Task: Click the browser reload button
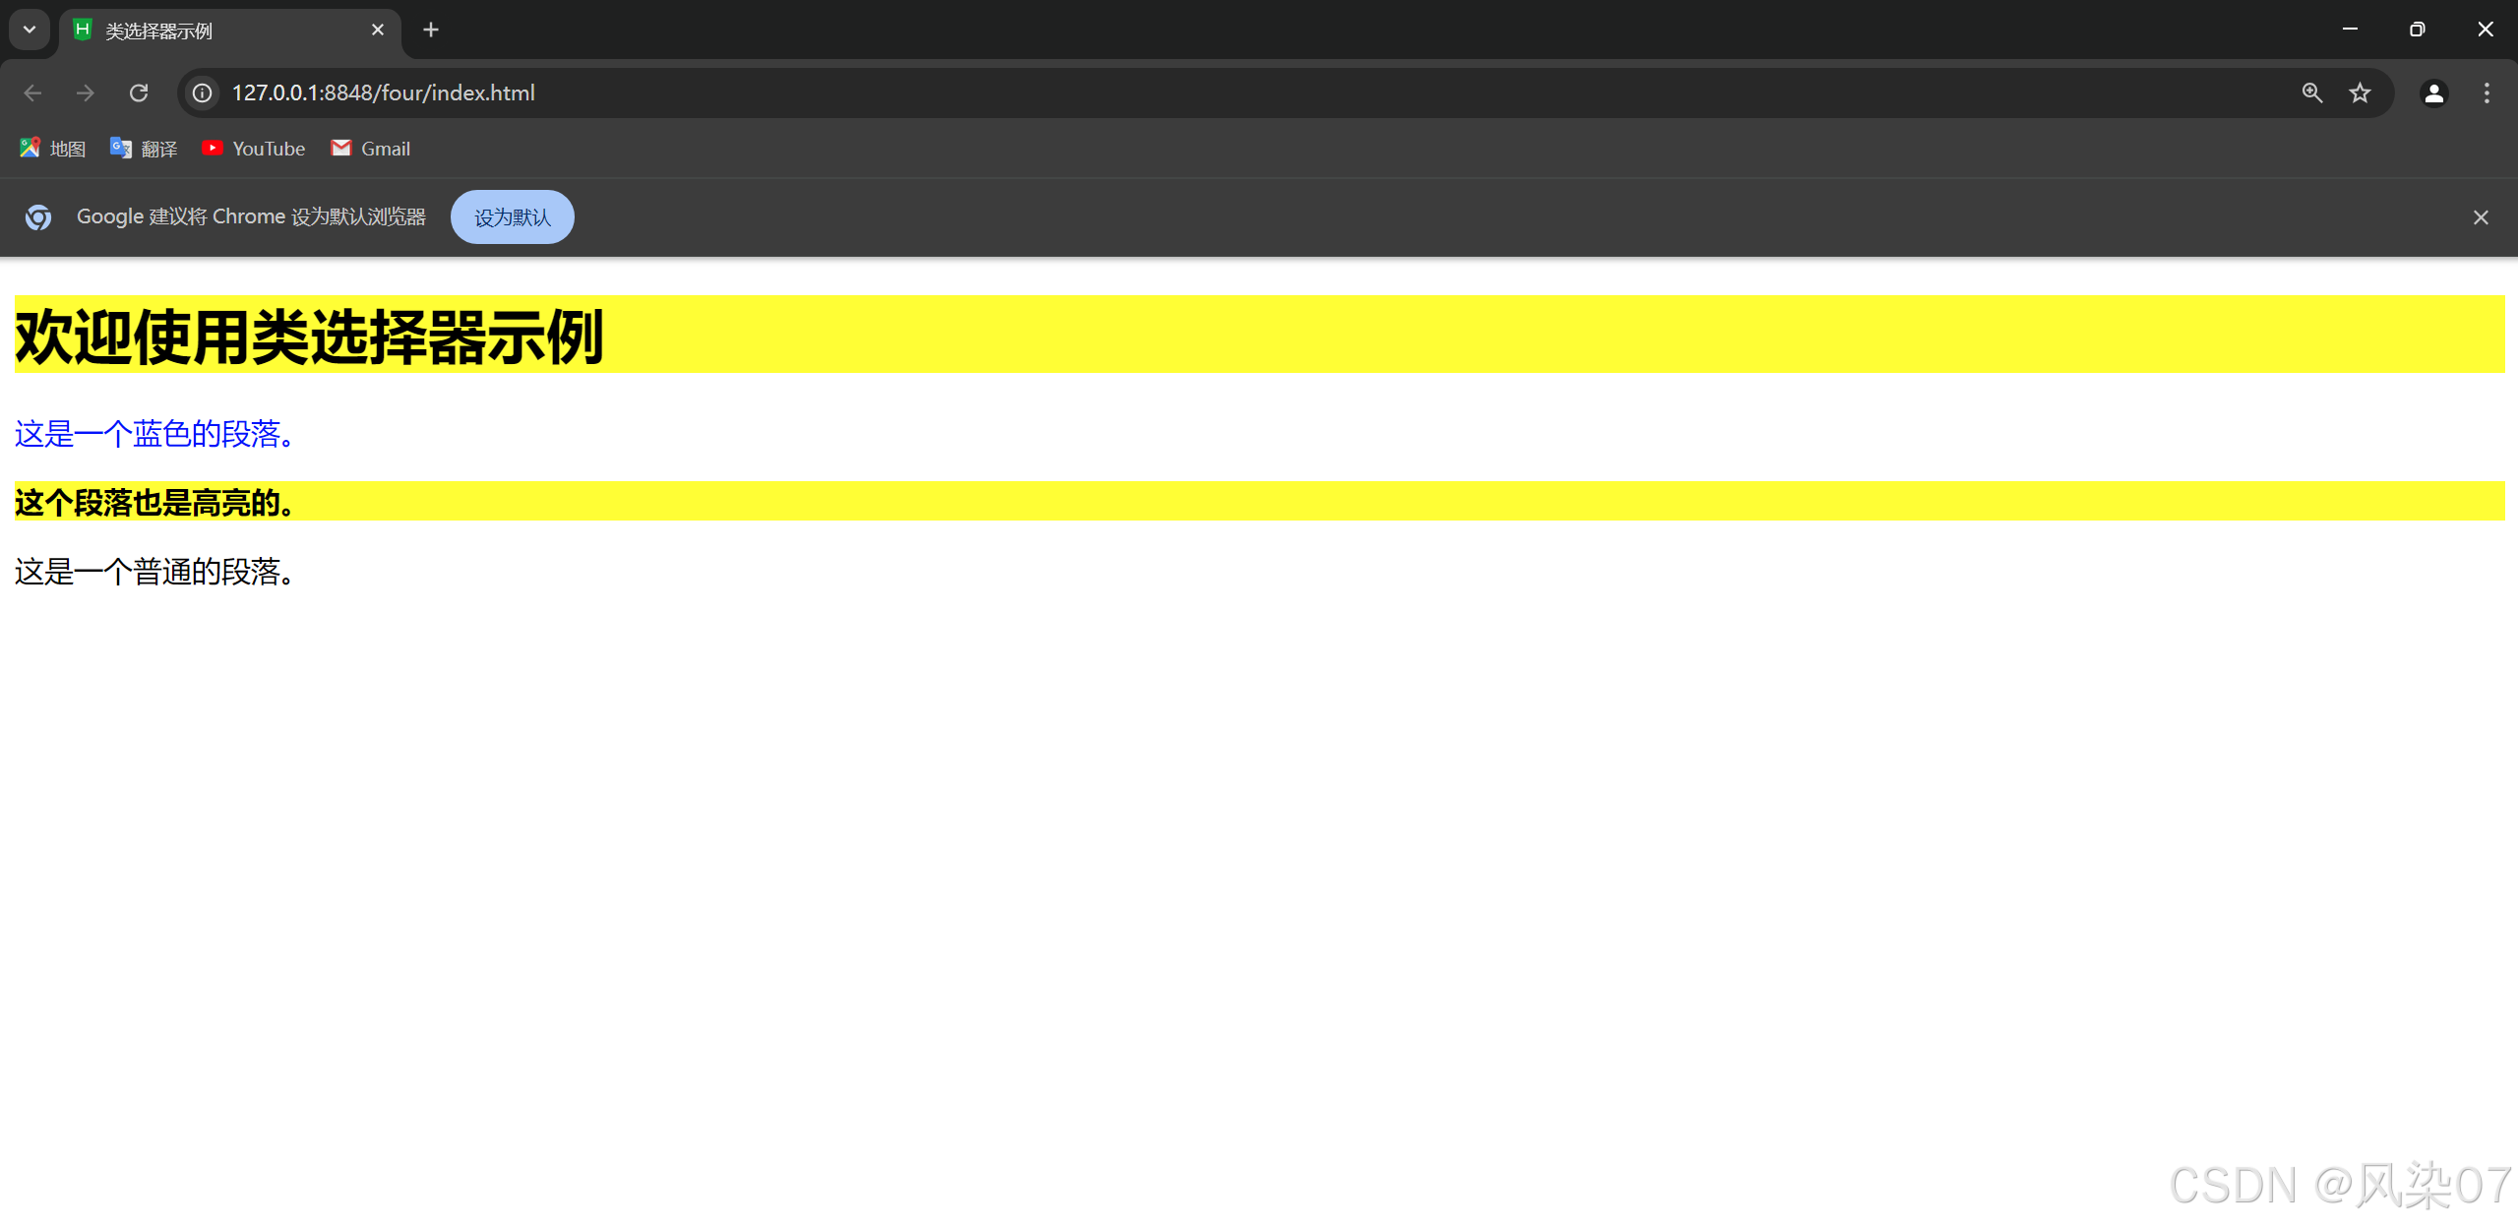point(139,92)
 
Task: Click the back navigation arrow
point(32,92)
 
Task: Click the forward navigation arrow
point(86,92)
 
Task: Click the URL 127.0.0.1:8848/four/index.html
point(383,92)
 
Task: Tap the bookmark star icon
point(2360,92)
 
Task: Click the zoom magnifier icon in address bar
point(2311,92)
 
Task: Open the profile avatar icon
point(2433,92)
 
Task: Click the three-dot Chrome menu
point(2487,92)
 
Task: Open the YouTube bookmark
point(254,149)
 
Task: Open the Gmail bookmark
point(371,149)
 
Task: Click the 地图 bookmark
point(53,149)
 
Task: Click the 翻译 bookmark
point(144,149)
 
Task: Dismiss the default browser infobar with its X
point(2481,217)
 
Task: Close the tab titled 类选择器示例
point(378,31)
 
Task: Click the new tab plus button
point(431,31)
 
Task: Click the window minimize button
point(2350,30)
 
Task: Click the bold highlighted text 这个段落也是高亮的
point(154,503)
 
